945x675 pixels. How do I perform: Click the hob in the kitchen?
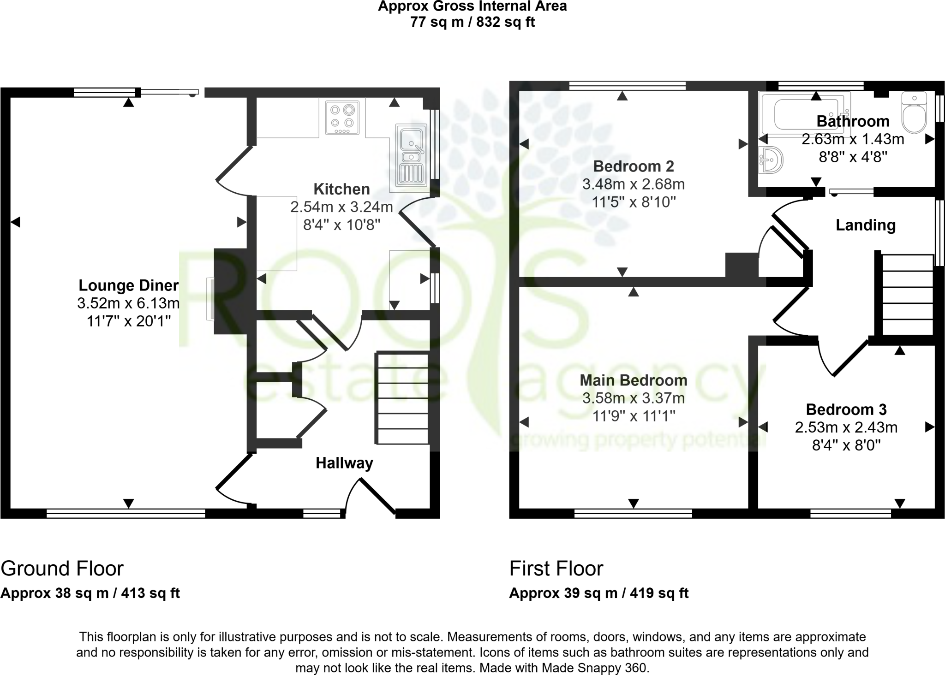342,117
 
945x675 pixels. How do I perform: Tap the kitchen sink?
410,154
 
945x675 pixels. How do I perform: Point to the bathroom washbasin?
771,160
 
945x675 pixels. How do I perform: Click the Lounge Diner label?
128,285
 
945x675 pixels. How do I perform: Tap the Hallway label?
344,463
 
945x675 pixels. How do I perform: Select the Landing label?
866,225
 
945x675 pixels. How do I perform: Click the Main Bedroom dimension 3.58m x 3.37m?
633,398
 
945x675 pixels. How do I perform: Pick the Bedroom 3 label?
846,409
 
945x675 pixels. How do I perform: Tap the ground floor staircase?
403,398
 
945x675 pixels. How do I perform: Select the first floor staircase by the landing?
907,295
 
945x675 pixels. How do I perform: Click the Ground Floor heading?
62,568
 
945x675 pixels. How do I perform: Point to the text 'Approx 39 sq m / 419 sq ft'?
598,593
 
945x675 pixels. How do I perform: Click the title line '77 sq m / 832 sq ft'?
472,22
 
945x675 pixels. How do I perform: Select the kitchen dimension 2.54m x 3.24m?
341,207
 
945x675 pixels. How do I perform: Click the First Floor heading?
556,568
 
